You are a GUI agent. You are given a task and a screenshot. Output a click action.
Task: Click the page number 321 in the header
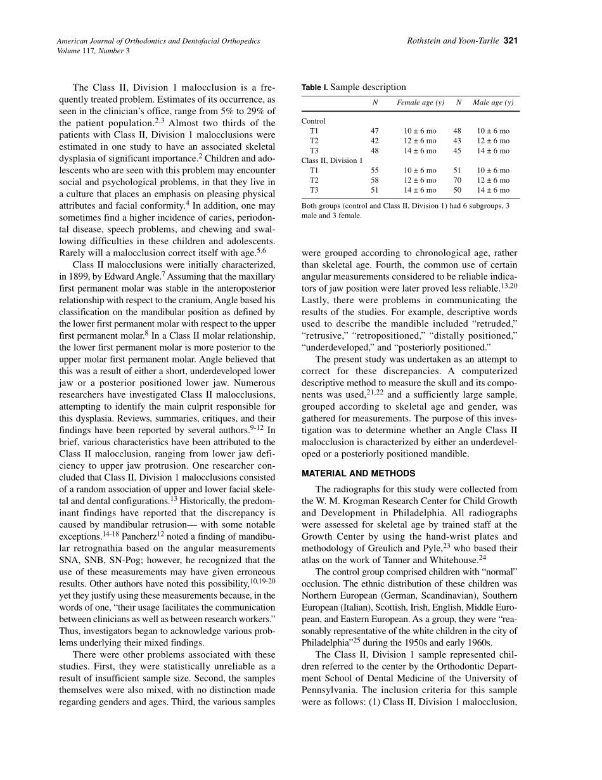click(511, 41)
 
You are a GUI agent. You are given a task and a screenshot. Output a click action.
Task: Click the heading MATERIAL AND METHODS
click(359, 473)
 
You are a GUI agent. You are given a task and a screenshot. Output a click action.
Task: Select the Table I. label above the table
click(315, 88)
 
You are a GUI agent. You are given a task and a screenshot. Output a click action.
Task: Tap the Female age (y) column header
click(420, 103)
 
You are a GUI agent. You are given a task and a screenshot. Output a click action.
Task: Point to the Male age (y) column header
click(493, 103)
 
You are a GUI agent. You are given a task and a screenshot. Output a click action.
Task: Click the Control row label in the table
click(314, 121)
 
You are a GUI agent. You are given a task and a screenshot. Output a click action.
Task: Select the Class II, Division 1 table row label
click(332, 160)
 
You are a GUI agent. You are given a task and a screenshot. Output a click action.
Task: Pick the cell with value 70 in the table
click(458, 180)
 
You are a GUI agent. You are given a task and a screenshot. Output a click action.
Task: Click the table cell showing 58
click(375, 180)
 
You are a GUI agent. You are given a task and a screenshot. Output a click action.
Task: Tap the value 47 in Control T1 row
click(375, 131)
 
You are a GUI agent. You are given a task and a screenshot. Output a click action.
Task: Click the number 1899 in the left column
click(87, 276)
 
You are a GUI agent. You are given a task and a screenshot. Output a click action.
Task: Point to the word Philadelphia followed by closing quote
click(328, 642)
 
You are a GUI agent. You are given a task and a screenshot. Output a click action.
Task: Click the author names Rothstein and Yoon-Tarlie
click(454, 41)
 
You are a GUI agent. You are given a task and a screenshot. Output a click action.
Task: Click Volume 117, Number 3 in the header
click(93, 51)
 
